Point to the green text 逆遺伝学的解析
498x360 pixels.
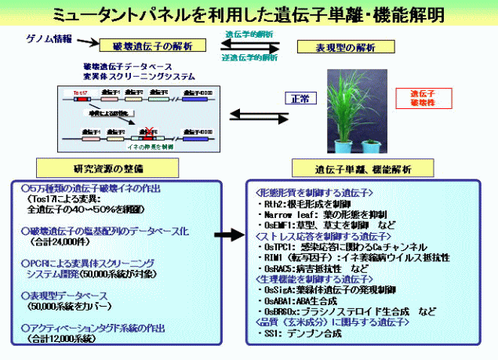tap(250, 57)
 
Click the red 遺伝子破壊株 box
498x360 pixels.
tap(421, 98)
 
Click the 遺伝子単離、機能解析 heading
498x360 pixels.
tap(344, 168)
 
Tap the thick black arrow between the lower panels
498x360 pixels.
tap(227, 235)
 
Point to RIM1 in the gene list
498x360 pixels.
tap(273, 256)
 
